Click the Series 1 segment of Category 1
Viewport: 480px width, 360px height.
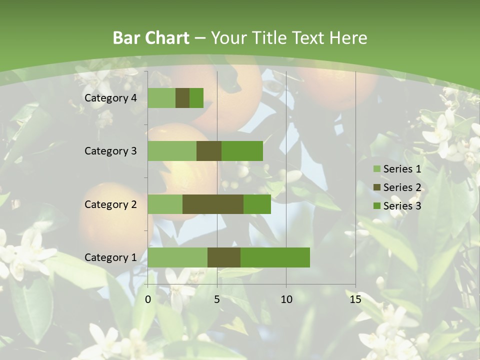(x=177, y=257)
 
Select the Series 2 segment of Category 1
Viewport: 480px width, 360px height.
(x=224, y=257)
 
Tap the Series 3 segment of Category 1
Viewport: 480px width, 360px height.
(x=275, y=257)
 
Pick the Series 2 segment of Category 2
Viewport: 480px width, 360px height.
(x=213, y=204)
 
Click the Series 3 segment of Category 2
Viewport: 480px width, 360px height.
(x=257, y=204)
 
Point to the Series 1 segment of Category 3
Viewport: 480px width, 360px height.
(x=172, y=151)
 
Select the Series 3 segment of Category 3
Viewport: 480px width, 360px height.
(x=242, y=151)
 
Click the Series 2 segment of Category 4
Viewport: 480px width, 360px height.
(x=182, y=98)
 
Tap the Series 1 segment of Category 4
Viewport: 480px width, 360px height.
(x=161, y=98)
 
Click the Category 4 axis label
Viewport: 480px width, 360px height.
(x=110, y=98)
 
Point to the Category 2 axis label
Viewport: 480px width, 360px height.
(x=110, y=204)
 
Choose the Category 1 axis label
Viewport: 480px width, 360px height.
(x=110, y=257)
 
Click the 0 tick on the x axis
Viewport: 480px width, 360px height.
(x=148, y=299)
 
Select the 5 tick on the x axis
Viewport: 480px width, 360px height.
(x=217, y=299)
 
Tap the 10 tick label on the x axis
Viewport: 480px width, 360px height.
(x=286, y=299)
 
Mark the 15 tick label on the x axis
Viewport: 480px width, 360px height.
(x=355, y=299)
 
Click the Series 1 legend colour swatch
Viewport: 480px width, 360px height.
(x=376, y=169)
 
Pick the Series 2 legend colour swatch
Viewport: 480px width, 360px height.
(x=376, y=187)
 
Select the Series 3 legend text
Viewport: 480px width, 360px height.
(x=402, y=206)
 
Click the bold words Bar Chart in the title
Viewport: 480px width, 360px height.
(x=150, y=38)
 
